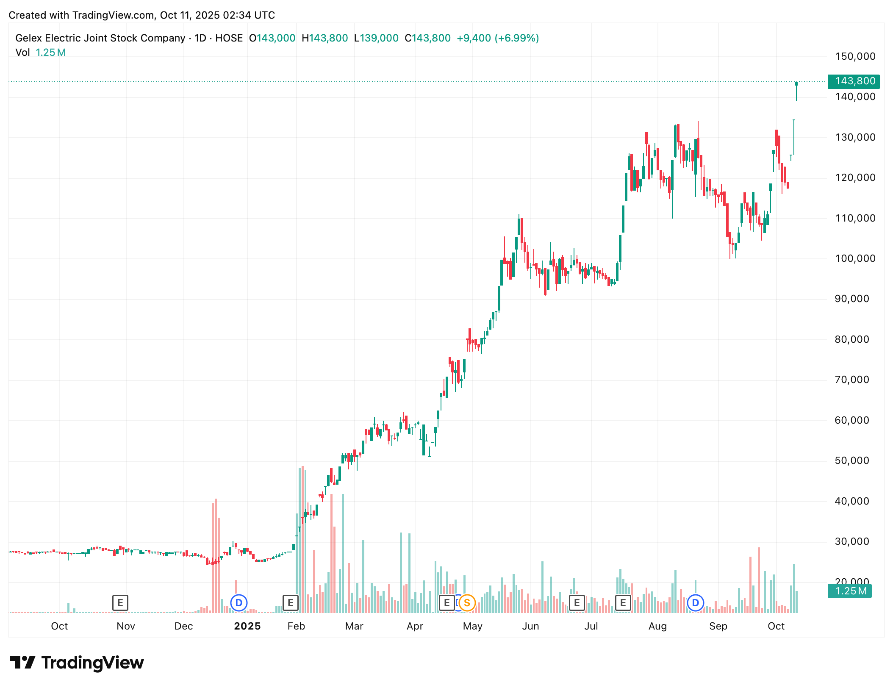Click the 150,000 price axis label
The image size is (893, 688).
pos(854,56)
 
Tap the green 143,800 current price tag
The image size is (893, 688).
pos(854,81)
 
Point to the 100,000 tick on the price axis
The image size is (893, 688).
pos(854,258)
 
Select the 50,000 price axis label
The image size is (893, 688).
pos(851,461)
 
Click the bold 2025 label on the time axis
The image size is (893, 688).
pos(247,626)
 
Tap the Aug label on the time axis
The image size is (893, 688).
pos(657,626)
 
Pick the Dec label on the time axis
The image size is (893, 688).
pos(183,626)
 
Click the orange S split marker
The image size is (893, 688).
pos(467,602)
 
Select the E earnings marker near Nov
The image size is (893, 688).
pos(120,602)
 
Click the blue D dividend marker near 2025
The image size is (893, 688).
pos(239,602)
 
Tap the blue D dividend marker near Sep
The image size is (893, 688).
pos(695,602)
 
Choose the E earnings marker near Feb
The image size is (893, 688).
pos(291,602)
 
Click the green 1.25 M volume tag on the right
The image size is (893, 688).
pos(849,591)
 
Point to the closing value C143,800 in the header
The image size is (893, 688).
pos(427,38)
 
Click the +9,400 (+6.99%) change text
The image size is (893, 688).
pos(497,38)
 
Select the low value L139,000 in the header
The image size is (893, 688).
pos(376,38)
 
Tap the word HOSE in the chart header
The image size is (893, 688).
pos(229,38)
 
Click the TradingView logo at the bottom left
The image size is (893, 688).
pos(77,663)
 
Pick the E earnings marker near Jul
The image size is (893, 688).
pos(577,602)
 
